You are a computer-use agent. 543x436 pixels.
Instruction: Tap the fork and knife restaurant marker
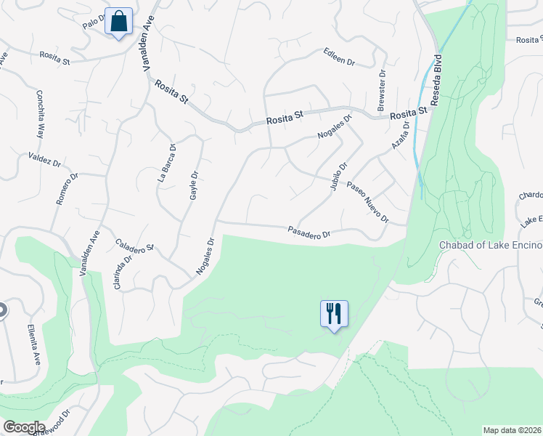click(334, 314)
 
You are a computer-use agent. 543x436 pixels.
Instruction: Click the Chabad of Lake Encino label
click(491, 245)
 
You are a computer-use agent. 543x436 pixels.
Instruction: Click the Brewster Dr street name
click(381, 88)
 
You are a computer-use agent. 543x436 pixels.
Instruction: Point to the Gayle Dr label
click(194, 186)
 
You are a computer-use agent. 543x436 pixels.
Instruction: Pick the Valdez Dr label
click(44, 159)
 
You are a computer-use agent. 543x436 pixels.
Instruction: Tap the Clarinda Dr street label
click(123, 272)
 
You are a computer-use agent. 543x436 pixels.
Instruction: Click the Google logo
click(24, 427)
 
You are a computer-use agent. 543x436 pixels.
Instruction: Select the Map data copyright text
click(512, 429)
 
